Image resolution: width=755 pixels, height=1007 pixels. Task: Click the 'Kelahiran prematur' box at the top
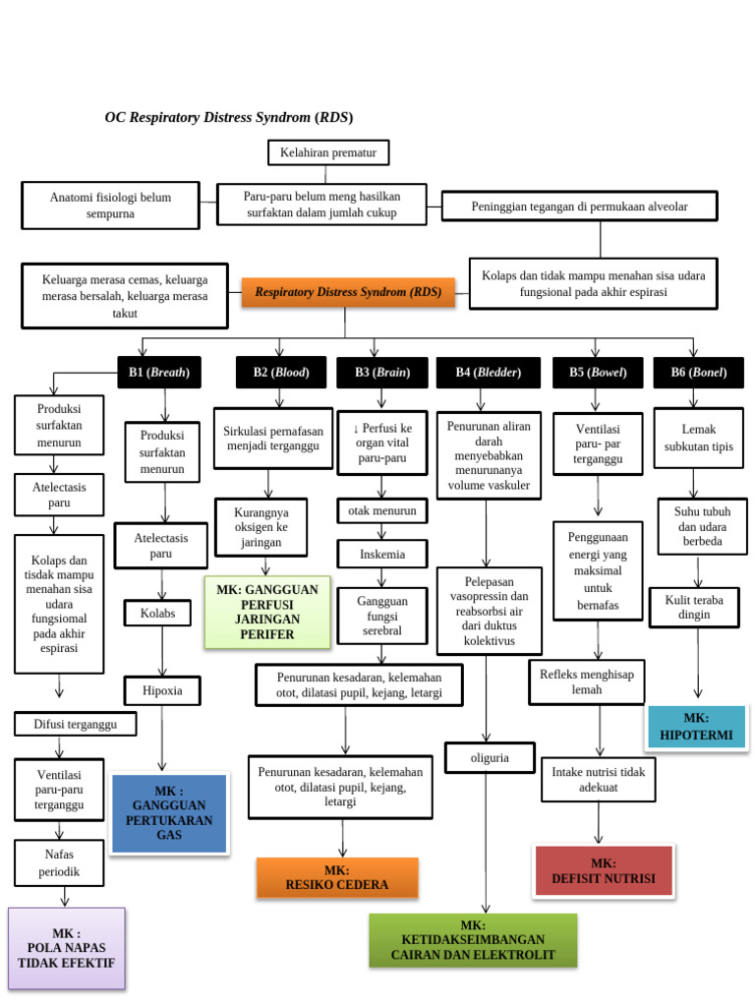(x=328, y=152)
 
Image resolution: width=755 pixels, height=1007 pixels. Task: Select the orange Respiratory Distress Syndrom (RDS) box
(x=348, y=292)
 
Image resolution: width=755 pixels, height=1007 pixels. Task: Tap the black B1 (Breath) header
(x=158, y=372)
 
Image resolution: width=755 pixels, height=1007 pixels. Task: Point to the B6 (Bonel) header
(x=698, y=372)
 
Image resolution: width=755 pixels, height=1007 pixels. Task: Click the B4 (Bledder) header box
(x=488, y=372)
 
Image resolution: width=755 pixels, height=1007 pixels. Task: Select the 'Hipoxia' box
(x=162, y=691)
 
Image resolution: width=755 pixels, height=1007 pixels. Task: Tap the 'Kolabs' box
(x=157, y=613)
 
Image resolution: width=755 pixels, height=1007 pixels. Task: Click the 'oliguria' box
(x=489, y=757)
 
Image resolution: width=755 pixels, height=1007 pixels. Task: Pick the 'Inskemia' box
(x=381, y=554)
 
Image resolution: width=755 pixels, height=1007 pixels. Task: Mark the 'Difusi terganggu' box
(x=76, y=725)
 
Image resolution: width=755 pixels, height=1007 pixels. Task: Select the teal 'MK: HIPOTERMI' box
(x=696, y=727)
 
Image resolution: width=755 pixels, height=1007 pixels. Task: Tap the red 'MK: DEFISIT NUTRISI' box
(x=603, y=870)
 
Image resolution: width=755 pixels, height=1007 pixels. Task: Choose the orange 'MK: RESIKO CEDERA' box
(x=337, y=877)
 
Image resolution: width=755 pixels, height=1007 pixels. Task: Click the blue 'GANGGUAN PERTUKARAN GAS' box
(x=169, y=813)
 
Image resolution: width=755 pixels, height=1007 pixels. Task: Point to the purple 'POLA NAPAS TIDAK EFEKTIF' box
(x=66, y=948)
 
